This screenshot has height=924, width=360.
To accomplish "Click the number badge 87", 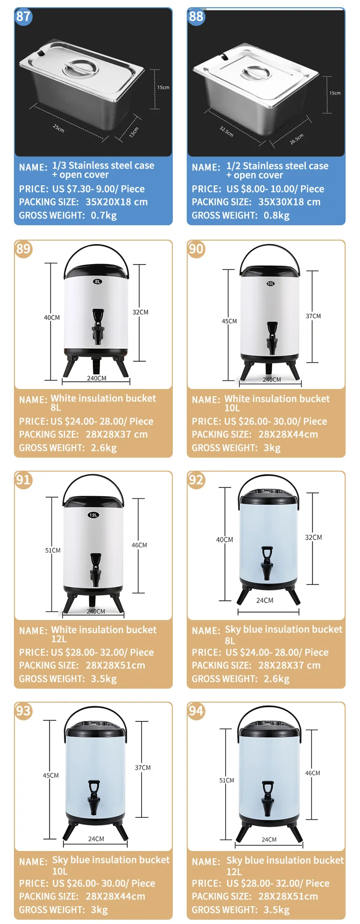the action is pos(23,16).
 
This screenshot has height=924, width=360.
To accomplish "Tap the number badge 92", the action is pos(196,480).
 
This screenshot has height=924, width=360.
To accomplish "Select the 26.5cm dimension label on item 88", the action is pos(297,139).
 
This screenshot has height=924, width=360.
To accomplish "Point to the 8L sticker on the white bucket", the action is pos(97,281).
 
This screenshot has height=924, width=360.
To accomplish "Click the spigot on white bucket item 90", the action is pos(272,338).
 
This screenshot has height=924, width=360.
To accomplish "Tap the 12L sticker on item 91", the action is pos(94,515).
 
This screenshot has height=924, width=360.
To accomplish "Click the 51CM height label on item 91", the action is pos(53,550).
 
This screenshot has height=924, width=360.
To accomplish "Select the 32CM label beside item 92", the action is pos(313,537).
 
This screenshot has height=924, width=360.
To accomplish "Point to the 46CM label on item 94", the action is pos(312,773).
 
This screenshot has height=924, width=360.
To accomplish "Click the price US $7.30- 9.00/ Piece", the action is pos(98,189).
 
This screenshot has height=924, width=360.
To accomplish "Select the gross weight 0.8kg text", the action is pos(276,215).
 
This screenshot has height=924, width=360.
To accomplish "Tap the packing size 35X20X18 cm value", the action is pos(117,202).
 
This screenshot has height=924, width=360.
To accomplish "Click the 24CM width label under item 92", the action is pos(264,600).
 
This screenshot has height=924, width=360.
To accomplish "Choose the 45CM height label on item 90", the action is pos(229,321).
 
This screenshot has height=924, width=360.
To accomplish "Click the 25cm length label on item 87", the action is pos(59,128).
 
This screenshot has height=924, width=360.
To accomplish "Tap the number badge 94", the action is pos(196,711).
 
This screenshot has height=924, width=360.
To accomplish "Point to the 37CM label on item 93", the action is pos(143,767).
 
